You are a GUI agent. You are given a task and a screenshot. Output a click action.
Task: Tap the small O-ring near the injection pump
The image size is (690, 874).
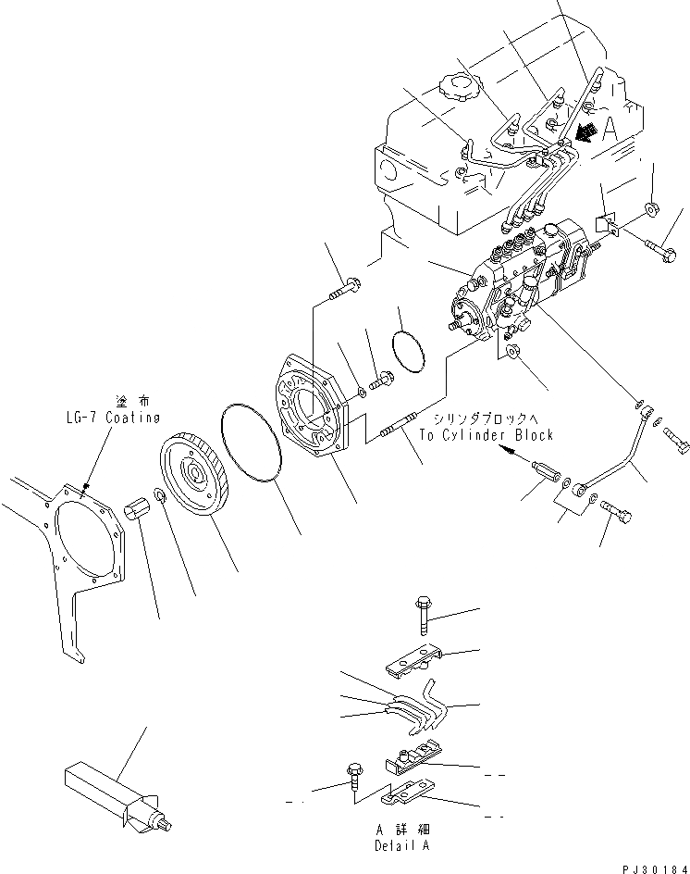click(x=408, y=352)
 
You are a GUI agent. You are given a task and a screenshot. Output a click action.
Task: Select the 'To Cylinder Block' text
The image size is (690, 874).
click(x=486, y=434)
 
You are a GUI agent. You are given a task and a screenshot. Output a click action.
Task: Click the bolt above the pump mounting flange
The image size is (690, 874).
click(x=346, y=286)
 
